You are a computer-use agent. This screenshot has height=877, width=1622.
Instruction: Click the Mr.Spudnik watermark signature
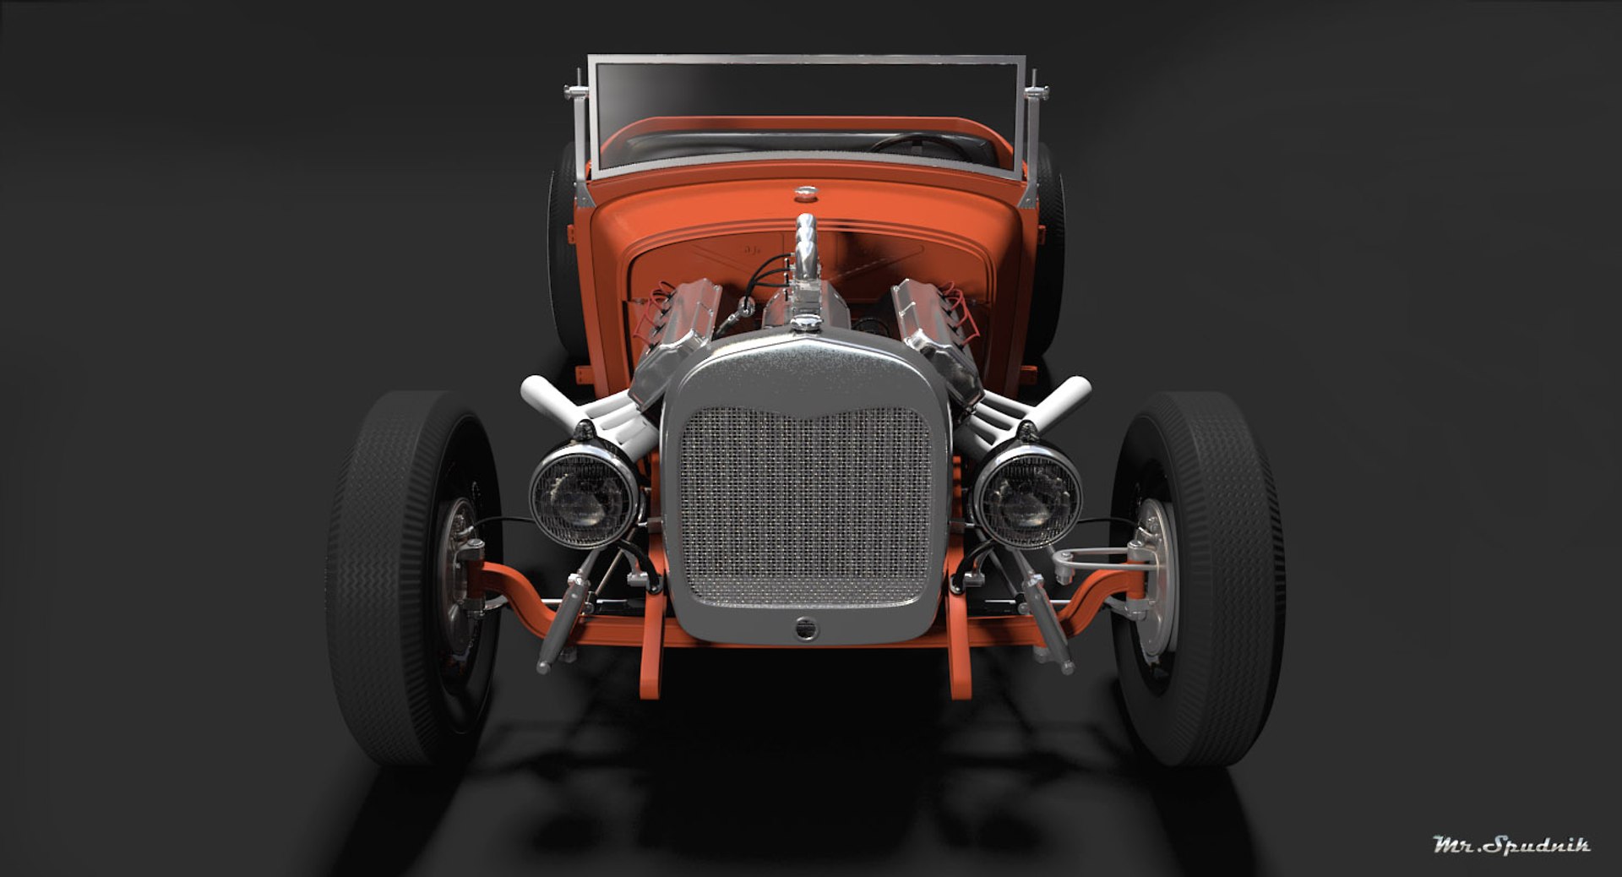[1510, 844]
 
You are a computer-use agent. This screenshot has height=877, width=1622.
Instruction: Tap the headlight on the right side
[1027, 497]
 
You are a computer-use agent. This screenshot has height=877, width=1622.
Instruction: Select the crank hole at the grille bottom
[806, 629]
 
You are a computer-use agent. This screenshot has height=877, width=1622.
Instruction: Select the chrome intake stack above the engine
[804, 245]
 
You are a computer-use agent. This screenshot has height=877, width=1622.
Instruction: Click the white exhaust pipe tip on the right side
[1073, 390]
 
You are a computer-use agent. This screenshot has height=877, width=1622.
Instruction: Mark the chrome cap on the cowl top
[805, 193]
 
